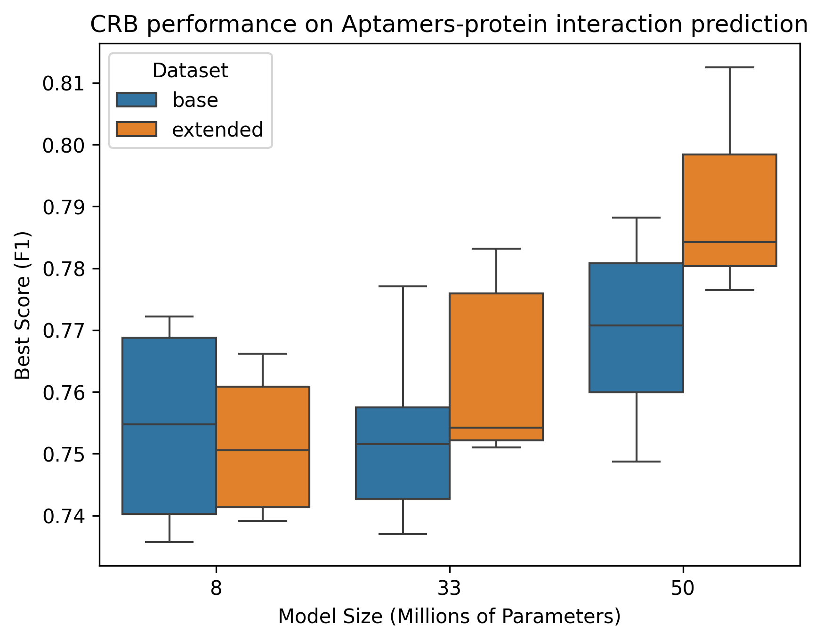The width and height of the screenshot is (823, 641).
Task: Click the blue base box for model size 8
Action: [169, 425]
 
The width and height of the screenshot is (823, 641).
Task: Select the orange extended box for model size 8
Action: [263, 446]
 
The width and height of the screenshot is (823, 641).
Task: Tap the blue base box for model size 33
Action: [403, 453]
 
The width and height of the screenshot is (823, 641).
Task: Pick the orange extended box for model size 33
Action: [496, 367]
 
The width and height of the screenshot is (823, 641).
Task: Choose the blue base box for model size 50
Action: [636, 327]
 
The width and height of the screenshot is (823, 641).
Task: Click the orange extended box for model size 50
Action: [730, 210]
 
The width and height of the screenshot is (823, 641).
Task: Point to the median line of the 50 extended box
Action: [730, 242]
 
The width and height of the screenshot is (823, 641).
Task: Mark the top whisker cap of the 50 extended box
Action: [730, 67]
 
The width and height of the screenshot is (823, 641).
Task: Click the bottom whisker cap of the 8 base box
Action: [169, 542]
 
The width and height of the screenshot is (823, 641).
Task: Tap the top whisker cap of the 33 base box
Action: [403, 286]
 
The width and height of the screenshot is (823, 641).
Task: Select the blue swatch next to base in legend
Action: [137, 99]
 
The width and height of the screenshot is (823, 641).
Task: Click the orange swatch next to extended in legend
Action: [137, 129]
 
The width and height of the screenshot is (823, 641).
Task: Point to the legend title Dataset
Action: [190, 71]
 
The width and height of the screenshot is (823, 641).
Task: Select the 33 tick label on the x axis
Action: [450, 589]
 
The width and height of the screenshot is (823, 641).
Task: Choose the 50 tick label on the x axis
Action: [683, 589]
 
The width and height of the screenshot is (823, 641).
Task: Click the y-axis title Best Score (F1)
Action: [23, 305]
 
